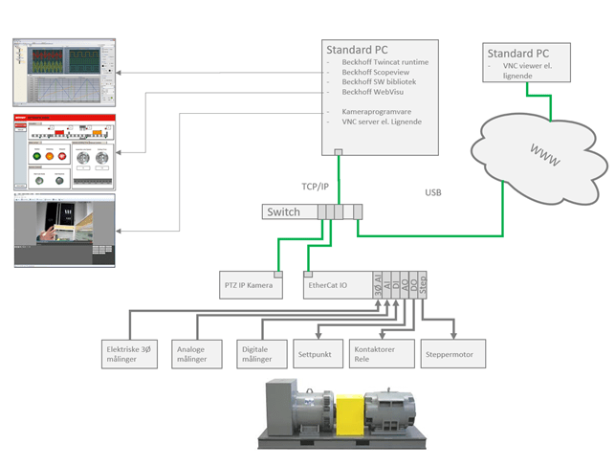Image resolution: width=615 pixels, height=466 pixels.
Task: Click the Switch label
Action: pyautogui.click(x=283, y=211)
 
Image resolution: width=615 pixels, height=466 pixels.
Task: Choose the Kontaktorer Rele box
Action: pyautogui.click(x=381, y=354)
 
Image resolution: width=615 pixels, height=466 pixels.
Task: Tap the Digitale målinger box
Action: pyautogui.click(x=257, y=354)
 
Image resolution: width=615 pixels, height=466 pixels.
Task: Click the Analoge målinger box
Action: pyautogui.click(x=195, y=354)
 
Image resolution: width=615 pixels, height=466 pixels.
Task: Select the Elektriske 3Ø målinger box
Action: pyautogui.click(x=130, y=354)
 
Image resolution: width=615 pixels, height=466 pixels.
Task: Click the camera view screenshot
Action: pyautogui.click(x=63, y=231)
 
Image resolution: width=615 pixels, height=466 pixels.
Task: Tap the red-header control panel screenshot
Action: pyautogui.click(x=63, y=152)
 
